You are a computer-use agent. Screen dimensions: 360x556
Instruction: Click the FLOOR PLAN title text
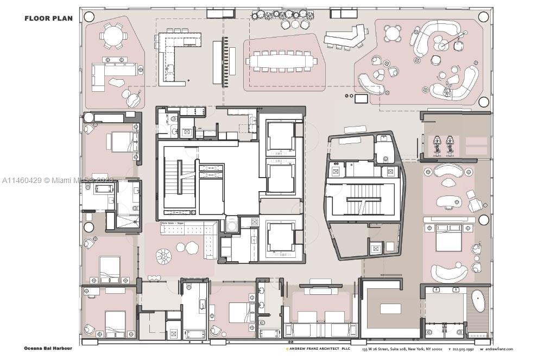(x=48, y=18)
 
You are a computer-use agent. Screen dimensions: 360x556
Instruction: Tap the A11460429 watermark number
(x=22, y=180)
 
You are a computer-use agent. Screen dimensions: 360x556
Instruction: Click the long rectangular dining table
(x=281, y=61)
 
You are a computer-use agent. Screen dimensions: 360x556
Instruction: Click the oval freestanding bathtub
(x=478, y=301)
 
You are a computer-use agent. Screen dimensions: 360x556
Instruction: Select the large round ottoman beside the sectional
(x=163, y=256)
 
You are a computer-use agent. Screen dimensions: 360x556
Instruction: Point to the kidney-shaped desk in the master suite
(x=448, y=202)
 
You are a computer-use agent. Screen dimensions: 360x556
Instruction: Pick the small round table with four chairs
(x=392, y=34)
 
